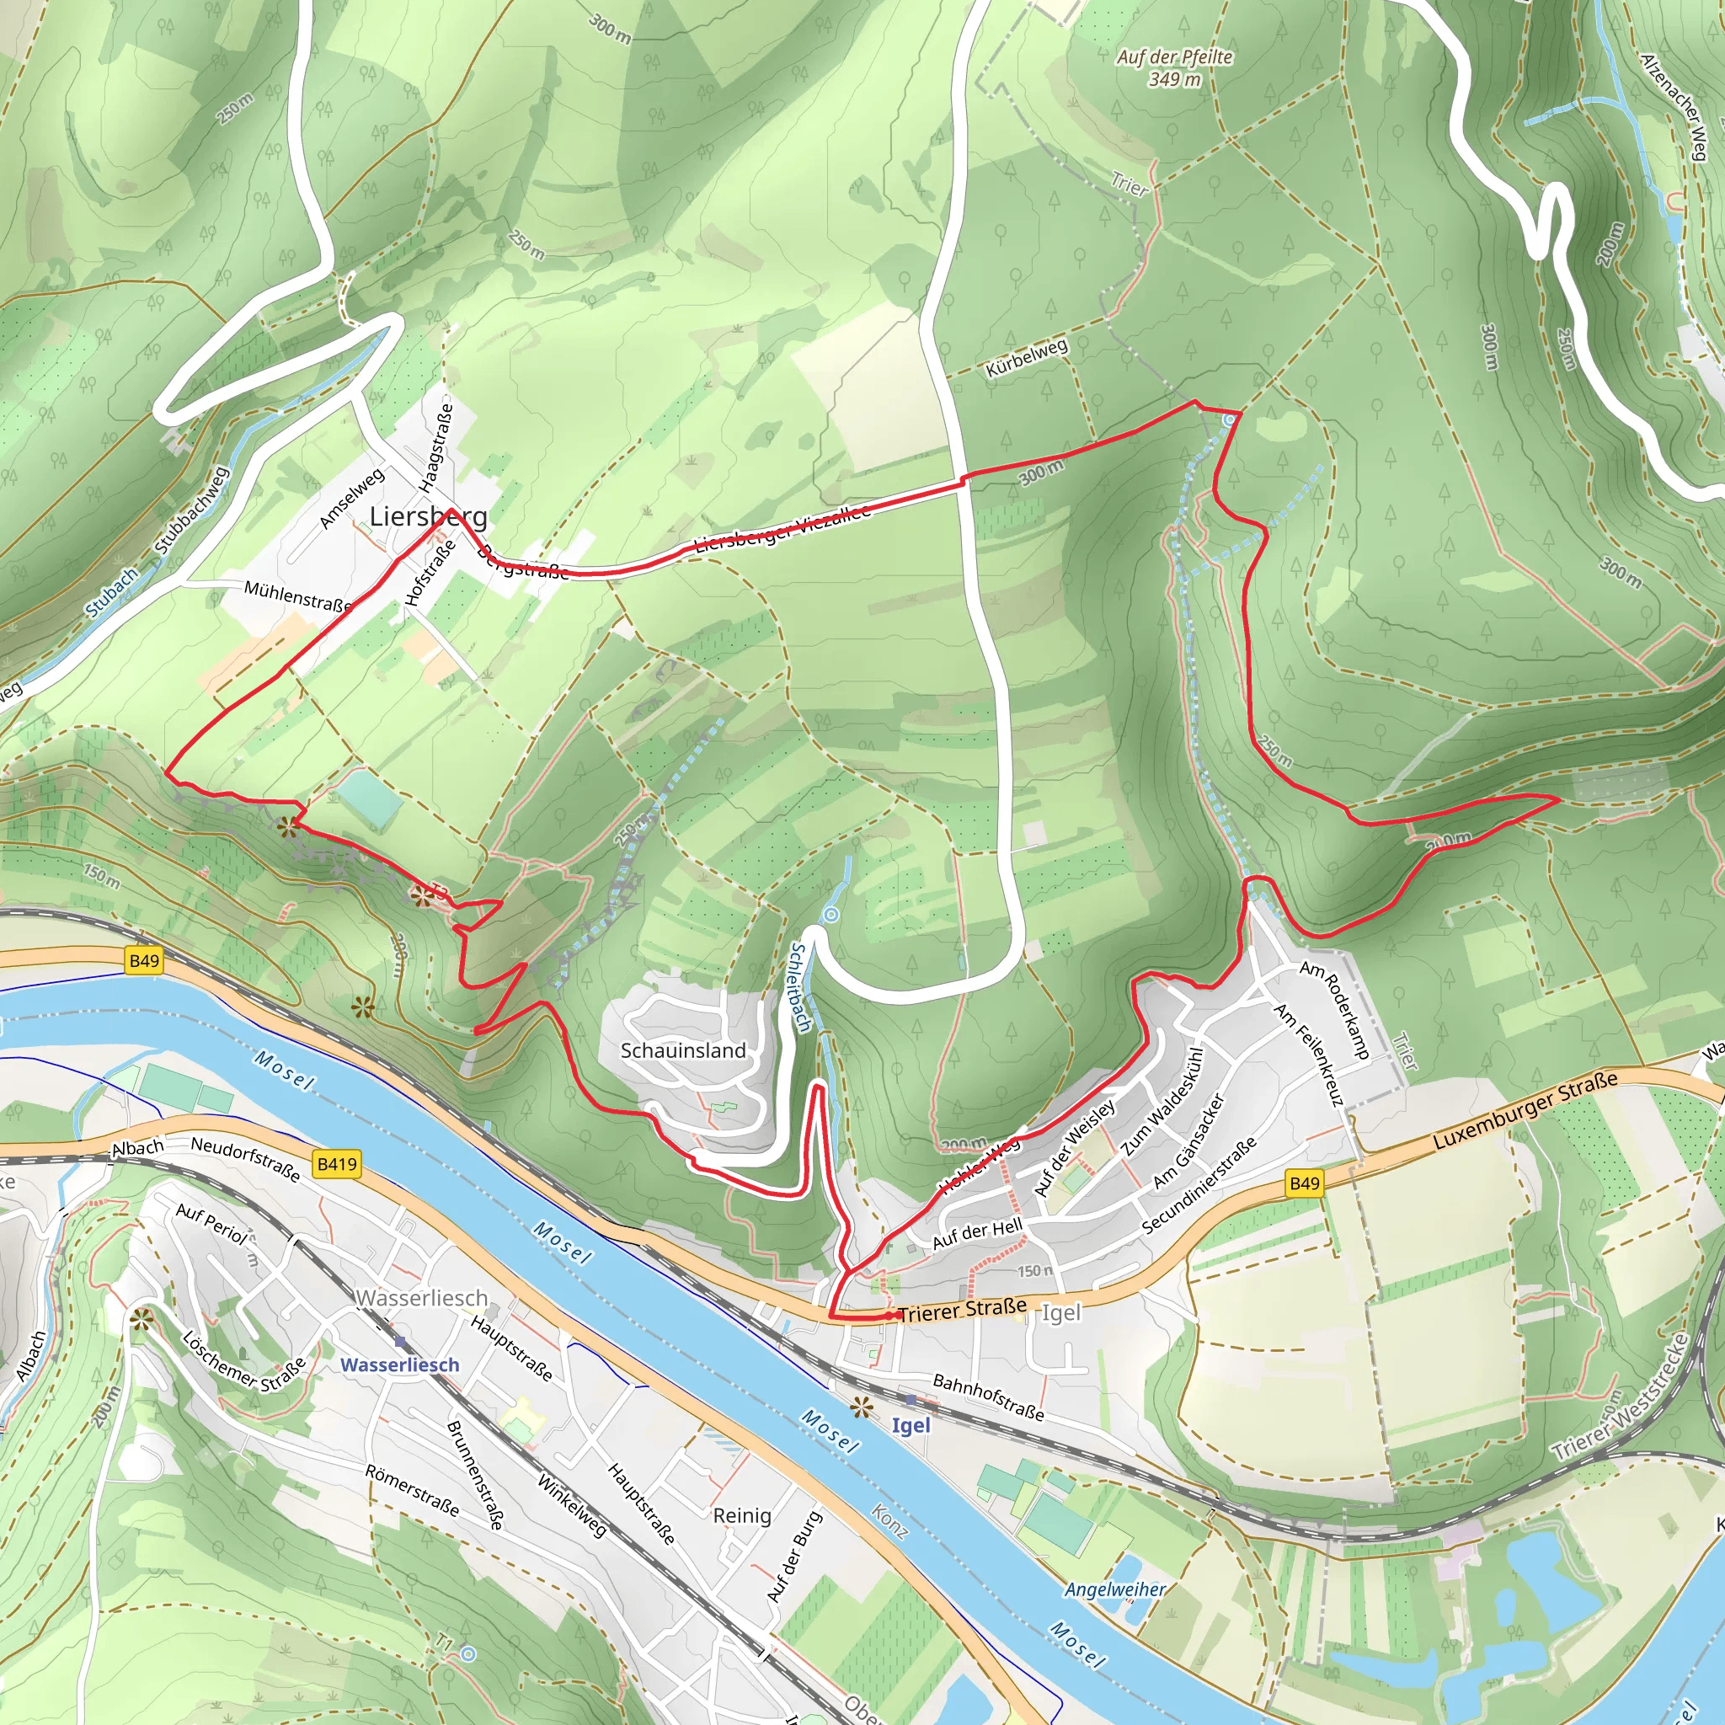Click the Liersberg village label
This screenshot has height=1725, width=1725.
pos(429,516)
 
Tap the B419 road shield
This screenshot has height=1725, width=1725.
pos(337,1163)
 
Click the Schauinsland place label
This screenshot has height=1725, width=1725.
pos(683,1050)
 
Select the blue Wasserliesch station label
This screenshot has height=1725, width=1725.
pos(400,1365)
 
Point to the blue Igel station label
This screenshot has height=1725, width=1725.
pos(911,1425)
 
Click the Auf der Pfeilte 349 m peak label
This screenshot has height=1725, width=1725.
pos(1174,68)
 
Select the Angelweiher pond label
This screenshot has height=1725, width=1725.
pos(1114,1589)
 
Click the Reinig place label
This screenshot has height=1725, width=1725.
pos(741,1515)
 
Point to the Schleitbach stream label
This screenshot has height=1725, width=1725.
pos(800,987)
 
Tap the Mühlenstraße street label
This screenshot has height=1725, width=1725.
pos(297,595)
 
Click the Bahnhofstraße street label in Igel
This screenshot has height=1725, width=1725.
pos(987,1397)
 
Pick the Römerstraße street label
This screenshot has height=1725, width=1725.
pos(413,1489)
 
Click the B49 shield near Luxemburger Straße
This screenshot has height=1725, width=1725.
pos(1304,1183)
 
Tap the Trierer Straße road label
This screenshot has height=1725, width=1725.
pos(963,1310)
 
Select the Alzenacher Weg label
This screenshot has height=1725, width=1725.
pos(1675,107)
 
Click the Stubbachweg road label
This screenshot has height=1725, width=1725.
pos(192,510)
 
